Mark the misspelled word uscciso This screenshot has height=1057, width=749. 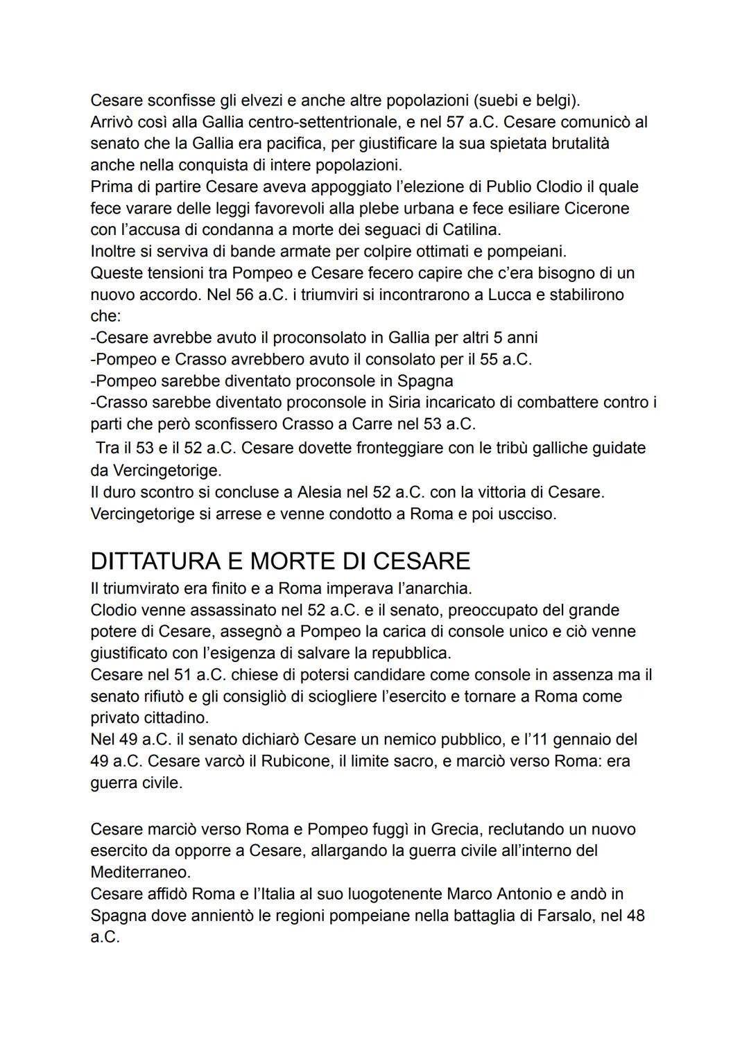526,514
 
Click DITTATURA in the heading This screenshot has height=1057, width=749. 165,560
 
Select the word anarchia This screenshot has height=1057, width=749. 436,589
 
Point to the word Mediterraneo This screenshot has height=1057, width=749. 140,871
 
